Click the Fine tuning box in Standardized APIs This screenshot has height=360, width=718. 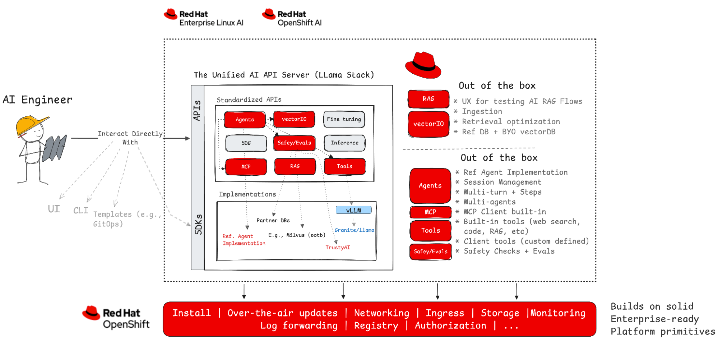click(344, 119)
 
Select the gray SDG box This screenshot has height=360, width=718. click(246, 143)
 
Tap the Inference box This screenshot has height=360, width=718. click(344, 143)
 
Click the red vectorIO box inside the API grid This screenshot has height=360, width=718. click(294, 119)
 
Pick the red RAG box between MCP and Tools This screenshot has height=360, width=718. click(295, 166)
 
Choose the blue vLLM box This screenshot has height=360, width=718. click(353, 210)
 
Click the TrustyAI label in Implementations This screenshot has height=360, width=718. click(338, 248)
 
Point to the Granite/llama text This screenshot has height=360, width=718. click(354, 230)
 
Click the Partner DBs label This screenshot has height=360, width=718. click(273, 221)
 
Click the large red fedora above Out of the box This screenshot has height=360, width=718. click(423, 65)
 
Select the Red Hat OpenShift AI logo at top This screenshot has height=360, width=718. click(292, 18)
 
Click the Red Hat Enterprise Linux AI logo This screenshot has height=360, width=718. click(204, 18)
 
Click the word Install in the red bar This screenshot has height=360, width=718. click(191, 313)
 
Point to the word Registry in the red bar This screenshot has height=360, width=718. click(376, 326)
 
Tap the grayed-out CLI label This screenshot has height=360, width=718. click(80, 211)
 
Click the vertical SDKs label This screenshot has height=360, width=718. click(198, 225)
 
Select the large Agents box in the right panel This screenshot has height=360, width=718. click(430, 186)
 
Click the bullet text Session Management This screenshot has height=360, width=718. click(502, 183)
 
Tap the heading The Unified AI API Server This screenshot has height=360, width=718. click(284, 75)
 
